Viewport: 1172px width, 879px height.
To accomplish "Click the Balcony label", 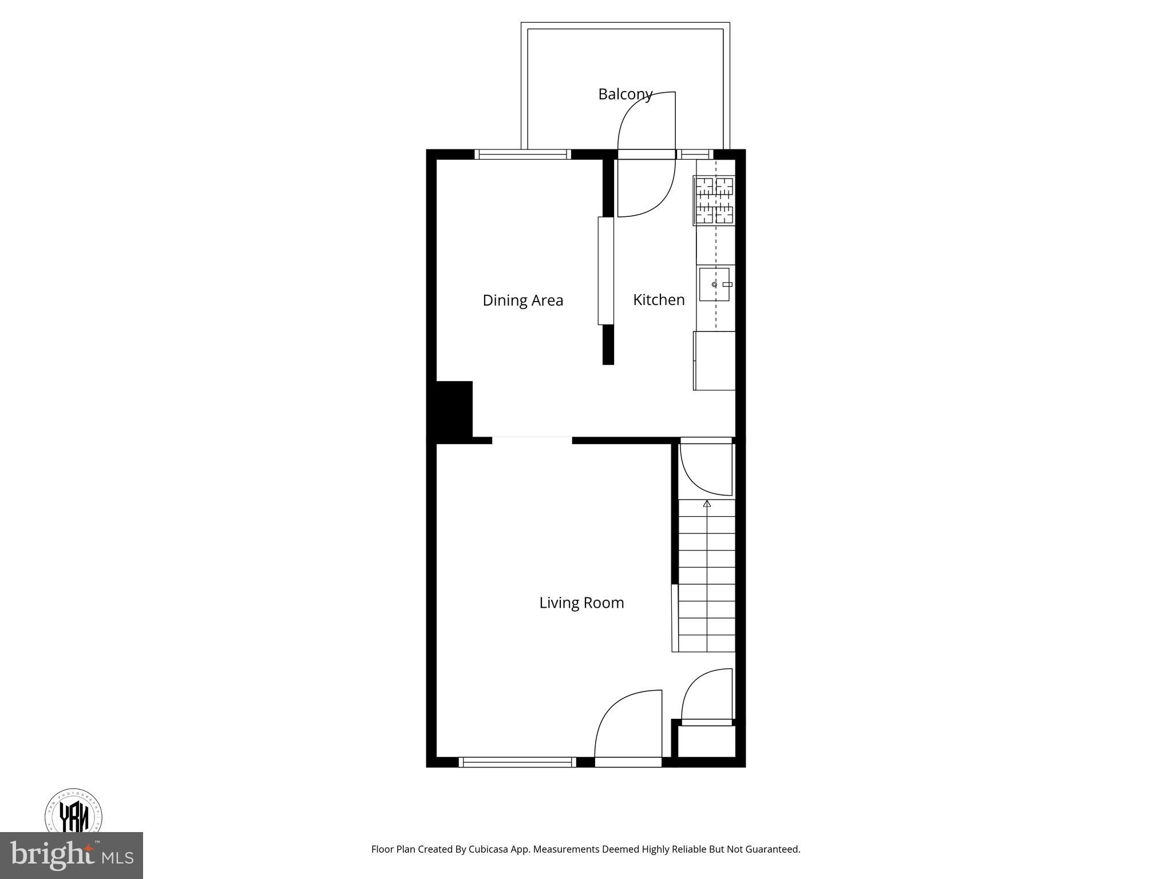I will click(x=625, y=94).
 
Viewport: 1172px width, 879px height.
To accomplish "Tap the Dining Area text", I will click(x=522, y=300).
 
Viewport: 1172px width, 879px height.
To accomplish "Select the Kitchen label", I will click(x=659, y=300).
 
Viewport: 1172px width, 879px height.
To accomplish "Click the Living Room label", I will click(x=581, y=603).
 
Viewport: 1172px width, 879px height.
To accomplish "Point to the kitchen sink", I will click(x=715, y=284).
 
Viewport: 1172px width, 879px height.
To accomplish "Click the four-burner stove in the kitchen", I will click(x=714, y=200).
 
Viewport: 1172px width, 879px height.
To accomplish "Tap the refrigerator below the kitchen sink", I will click(x=714, y=361).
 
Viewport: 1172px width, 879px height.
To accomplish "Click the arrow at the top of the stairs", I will click(x=707, y=504).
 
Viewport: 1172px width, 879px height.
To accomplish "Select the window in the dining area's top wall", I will click(x=523, y=154).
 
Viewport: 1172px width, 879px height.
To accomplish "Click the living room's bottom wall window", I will click(x=517, y=762).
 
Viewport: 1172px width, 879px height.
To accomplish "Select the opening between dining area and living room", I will click(x=532, y=439).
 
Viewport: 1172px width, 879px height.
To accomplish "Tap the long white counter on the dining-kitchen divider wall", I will click(x=605, y=271).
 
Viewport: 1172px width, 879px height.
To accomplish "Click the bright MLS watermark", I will click(x=72, y=855).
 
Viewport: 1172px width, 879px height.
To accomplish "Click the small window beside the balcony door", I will click(x=695, y=154).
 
